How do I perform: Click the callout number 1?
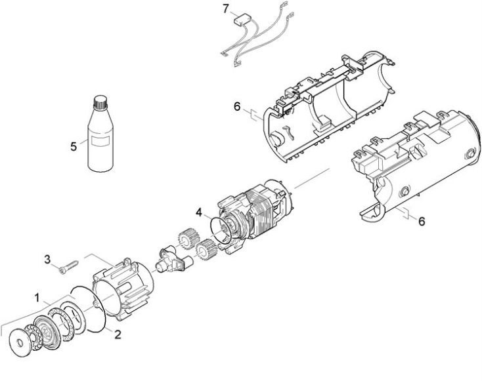tap(37, 298)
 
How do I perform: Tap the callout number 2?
tap(118, 334)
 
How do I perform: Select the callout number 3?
tap(47, 260)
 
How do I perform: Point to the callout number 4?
tap(199, 212)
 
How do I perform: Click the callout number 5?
tap(74, 146)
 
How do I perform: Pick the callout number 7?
tap(226, 9)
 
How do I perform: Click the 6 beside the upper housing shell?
tap(237, 107)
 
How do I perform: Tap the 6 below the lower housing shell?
tap(422, 221)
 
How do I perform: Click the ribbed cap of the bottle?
tap(100, 102)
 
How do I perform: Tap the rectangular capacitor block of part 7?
tap(240, 20)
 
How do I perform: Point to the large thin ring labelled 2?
tap(89, 309)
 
